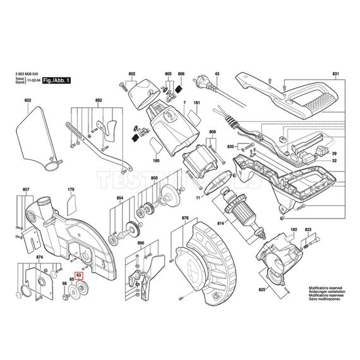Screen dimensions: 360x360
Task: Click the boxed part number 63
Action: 79,275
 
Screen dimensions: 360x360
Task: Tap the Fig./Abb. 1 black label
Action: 56,81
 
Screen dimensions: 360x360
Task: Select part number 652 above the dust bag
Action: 28,101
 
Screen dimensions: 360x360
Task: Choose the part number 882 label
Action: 99,101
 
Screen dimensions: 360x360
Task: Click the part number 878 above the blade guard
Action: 185,219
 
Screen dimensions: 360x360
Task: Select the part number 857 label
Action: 26,189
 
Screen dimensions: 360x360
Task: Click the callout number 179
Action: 71,189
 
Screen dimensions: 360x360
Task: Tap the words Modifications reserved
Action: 326,287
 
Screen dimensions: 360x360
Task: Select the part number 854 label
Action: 119,198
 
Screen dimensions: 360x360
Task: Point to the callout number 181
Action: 197,102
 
